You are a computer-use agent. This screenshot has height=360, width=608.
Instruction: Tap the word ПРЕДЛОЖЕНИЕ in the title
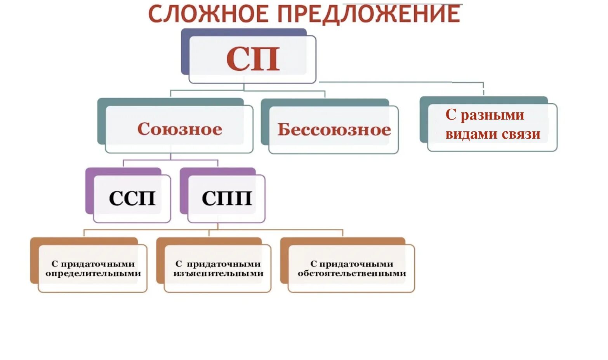click(369, 15)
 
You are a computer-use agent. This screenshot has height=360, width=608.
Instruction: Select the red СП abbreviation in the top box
click(253, 59)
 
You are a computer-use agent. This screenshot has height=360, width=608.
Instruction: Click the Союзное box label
click(179, 129)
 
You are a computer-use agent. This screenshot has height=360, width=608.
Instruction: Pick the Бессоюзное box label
click(334, 130)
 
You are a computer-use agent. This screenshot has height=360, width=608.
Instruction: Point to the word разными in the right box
click(492, 115)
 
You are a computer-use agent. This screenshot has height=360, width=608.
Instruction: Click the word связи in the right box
click(521, 134)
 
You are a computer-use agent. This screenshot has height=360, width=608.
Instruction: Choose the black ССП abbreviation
click(132, 198)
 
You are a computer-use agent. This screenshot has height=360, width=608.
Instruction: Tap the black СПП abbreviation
click(227, 198)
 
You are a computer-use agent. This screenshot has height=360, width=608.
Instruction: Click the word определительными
click(93, 273)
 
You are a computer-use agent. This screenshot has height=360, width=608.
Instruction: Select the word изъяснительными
click(218, 273)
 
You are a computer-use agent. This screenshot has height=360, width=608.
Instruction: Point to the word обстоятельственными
click(352, 273)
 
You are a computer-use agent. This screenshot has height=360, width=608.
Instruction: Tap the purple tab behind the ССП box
click(89, 190)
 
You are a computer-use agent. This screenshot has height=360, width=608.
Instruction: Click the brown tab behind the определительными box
click(34, 260)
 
